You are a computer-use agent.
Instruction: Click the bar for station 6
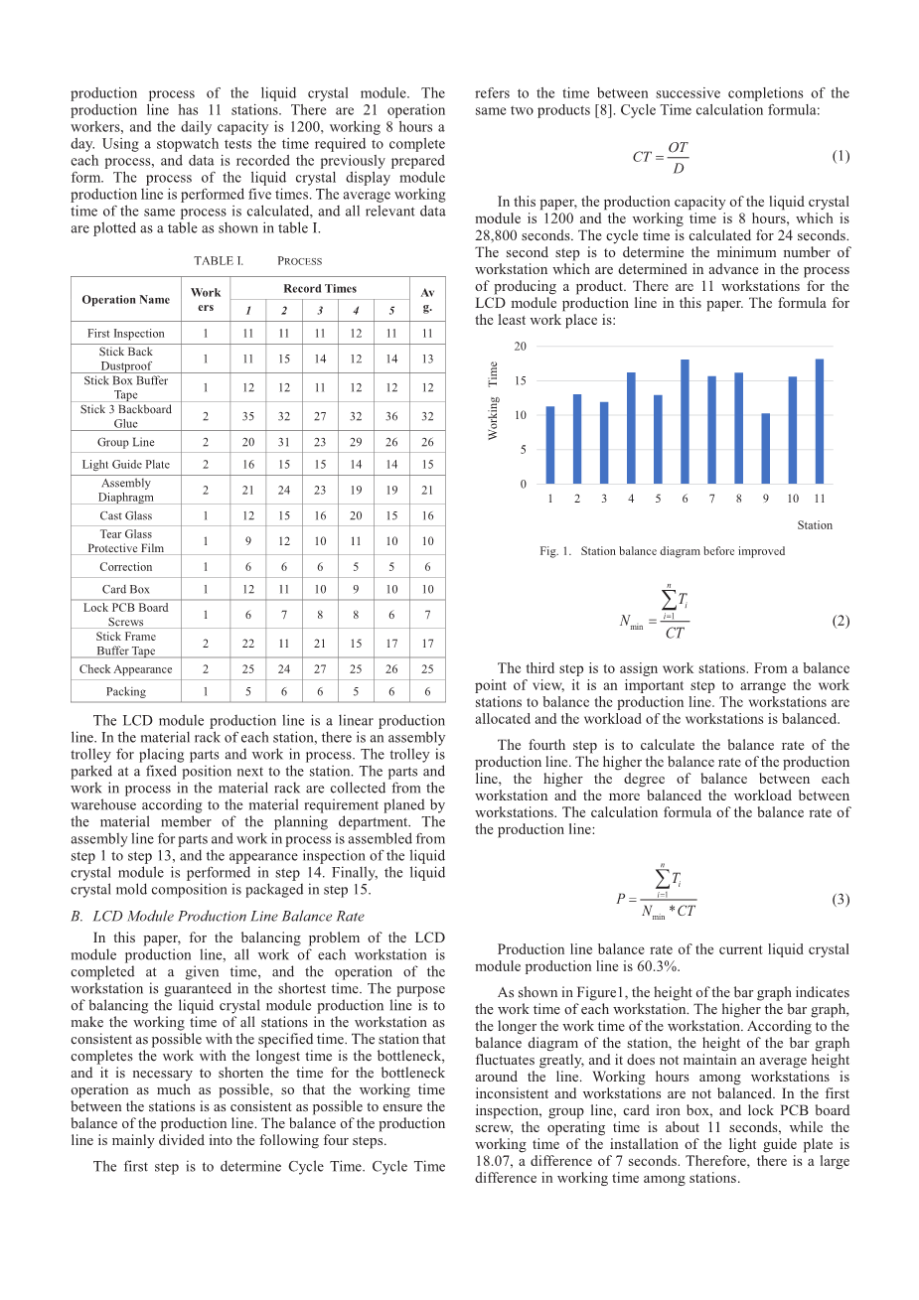(x=685, y=422)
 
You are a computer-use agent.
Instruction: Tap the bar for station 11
(x=819, y=422)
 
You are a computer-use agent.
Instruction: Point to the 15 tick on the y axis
(x=520, y=381)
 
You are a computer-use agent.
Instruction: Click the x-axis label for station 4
(x=631, y=499)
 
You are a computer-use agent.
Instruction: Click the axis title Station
(x=814, y=525)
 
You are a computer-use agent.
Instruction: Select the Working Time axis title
(x=493, y=401)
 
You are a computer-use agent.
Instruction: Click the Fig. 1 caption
(x=662, y=551)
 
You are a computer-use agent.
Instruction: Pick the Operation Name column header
(x=126, y=299)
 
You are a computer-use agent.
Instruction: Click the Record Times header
(x=320, y=288)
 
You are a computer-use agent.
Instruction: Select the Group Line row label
(x=126, y=442)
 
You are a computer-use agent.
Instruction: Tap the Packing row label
(x=126, y=691)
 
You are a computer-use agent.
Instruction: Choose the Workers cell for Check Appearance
(x=206, y=669)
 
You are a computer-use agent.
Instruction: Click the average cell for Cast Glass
(x=427, y=515)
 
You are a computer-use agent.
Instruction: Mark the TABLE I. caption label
(x=218, y=261)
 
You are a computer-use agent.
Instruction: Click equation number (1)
(x=840, y=156)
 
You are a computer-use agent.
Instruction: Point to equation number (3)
(x=840, y=900)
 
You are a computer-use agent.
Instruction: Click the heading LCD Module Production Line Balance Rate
(x=229, y=916)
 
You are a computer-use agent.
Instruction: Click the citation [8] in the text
(x=603, y=110)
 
